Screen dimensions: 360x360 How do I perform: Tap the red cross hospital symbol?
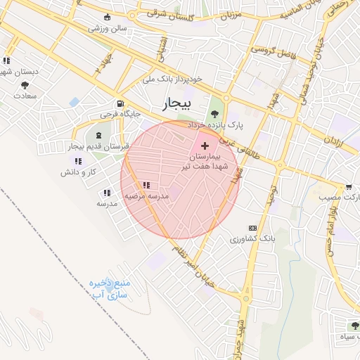click(x=205, y=146)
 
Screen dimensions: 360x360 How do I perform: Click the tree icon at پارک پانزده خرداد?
click(x=214, y=113)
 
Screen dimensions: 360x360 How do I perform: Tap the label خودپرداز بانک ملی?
click(x=172, y=79)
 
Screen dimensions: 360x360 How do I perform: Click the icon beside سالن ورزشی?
click(x=107, y=18)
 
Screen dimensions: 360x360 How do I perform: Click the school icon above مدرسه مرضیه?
click(x=146, y=186)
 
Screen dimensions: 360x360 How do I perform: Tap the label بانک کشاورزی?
click(x=245, y=240)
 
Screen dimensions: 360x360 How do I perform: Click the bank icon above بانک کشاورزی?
click(x=252, y=228)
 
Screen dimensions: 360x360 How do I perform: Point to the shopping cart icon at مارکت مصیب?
click(x=349, y=187)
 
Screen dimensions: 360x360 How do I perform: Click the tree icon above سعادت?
click(x=25, y=85)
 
